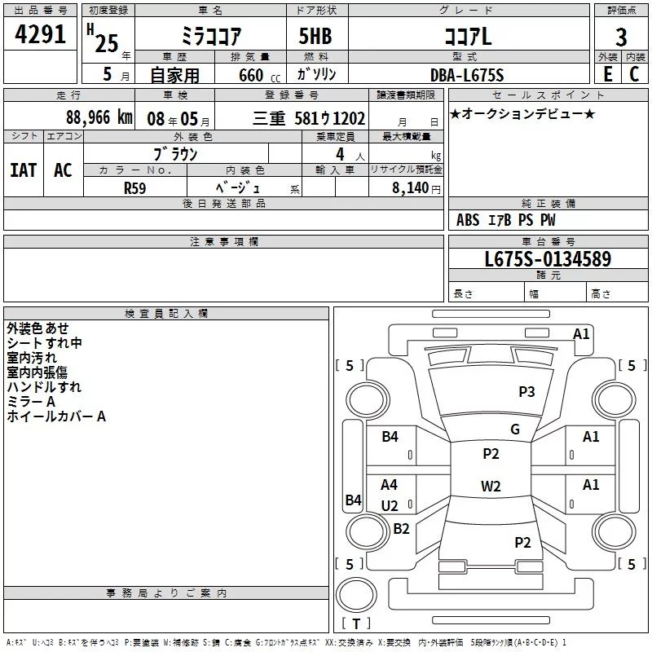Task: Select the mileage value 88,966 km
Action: point(99,117)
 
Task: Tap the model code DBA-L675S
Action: point(467,75)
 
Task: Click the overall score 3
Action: point(621,37)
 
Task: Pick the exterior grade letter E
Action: point(607,74)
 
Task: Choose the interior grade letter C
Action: point(634,74)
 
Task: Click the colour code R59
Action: point(135,187)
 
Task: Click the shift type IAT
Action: point(23,170)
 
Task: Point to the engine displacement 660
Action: point(250,75)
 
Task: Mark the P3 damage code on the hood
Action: point(526,392)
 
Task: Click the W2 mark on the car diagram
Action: point(491,487)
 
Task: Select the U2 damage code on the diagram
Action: point(390,506)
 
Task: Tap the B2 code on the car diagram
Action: point(401,528)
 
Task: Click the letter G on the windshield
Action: point(514,430)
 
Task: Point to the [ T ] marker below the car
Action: point(357,623)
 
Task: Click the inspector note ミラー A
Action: point(30,402)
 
